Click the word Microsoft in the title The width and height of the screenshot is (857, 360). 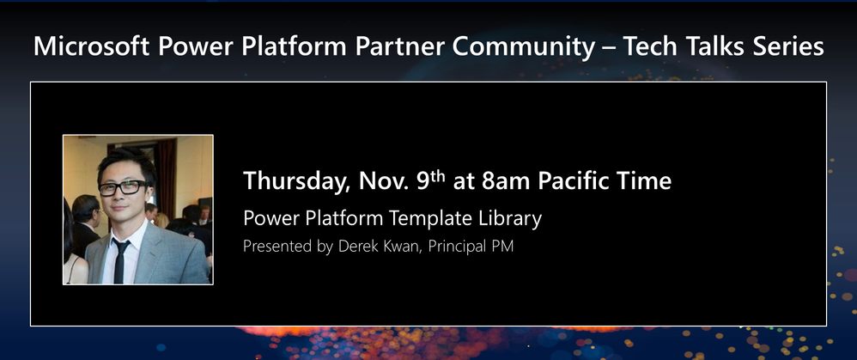tap(91, 46)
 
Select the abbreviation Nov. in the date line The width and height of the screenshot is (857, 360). tap(383, 181)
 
